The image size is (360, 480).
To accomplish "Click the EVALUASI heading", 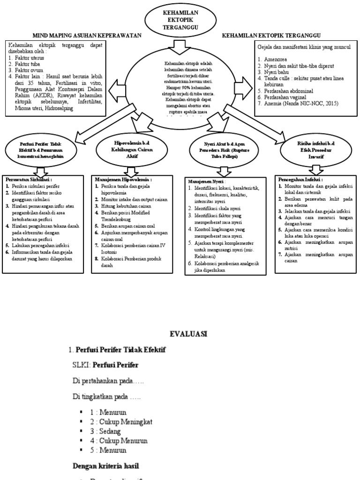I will [187, 334].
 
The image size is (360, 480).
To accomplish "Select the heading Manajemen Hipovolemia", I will [124, 179].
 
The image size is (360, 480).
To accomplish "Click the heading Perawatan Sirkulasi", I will [29, 179].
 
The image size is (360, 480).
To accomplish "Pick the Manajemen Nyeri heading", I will [207, 181].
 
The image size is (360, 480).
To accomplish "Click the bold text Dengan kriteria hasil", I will [106, 466].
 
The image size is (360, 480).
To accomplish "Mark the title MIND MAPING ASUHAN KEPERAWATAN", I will [86, 36].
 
